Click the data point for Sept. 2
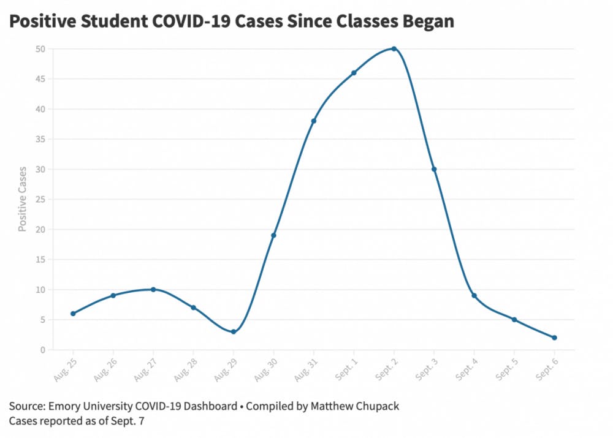(x=394, y=48)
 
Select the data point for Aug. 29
(x=234, y=332)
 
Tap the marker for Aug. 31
(x=314, y=121)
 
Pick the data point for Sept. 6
(x=554, y=338)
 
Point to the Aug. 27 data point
(x=153, y=289)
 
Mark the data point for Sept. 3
(x=434, y=169)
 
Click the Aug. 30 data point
(x=273, y=235)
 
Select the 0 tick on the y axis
(x=44, y=350)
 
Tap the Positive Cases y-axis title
(x=23, y=198)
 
